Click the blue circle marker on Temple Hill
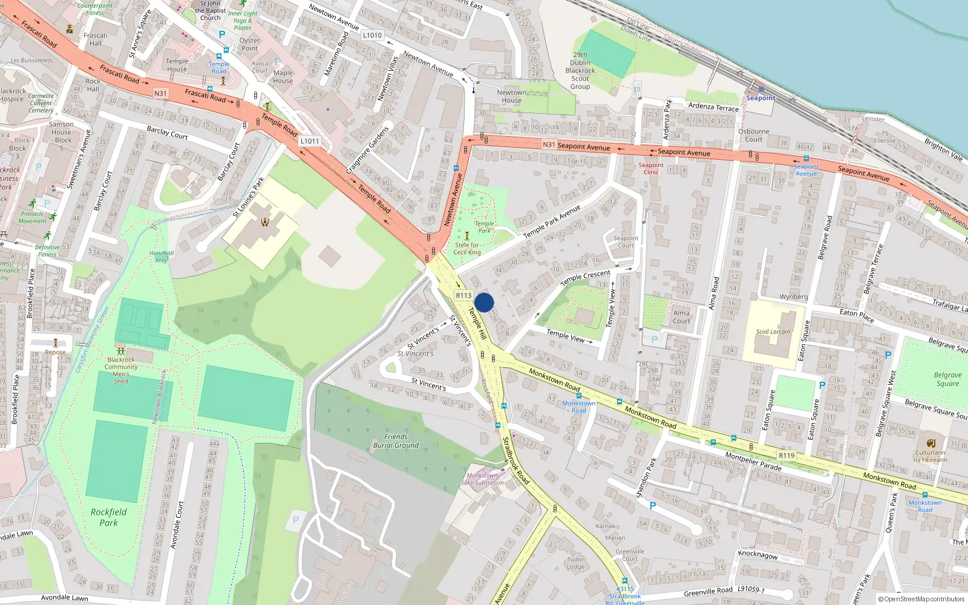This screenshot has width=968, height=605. tap(484, 302)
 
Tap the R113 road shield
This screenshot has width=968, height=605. tap(463, 295)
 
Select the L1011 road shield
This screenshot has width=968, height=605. tap(309, 141)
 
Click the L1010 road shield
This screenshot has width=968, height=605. tap(372, 35)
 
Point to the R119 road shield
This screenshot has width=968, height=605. tap(786, 456)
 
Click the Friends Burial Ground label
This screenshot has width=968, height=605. tap(396, 441)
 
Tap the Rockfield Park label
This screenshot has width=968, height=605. tap(109, 517)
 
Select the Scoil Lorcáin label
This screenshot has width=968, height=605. tap(773, 332)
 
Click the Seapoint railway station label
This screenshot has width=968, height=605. tap(760, 98)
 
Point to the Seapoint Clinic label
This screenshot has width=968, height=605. tap(651, 168)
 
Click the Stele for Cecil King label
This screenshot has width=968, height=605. tap(467, 249)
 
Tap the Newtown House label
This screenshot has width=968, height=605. tap(512, 96)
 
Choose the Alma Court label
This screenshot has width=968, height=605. tap(681, 317)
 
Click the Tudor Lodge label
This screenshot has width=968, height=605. tap(576, 563)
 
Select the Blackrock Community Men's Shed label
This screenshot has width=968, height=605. tap(121, 370)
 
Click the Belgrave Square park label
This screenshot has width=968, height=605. tap(947, 379)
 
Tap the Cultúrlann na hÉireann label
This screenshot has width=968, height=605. tap(930, 456)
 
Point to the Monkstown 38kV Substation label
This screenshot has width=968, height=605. tap(482, 479)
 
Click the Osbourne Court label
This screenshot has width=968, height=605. tap(754, 135)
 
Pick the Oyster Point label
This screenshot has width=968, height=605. tap(249, 44)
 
